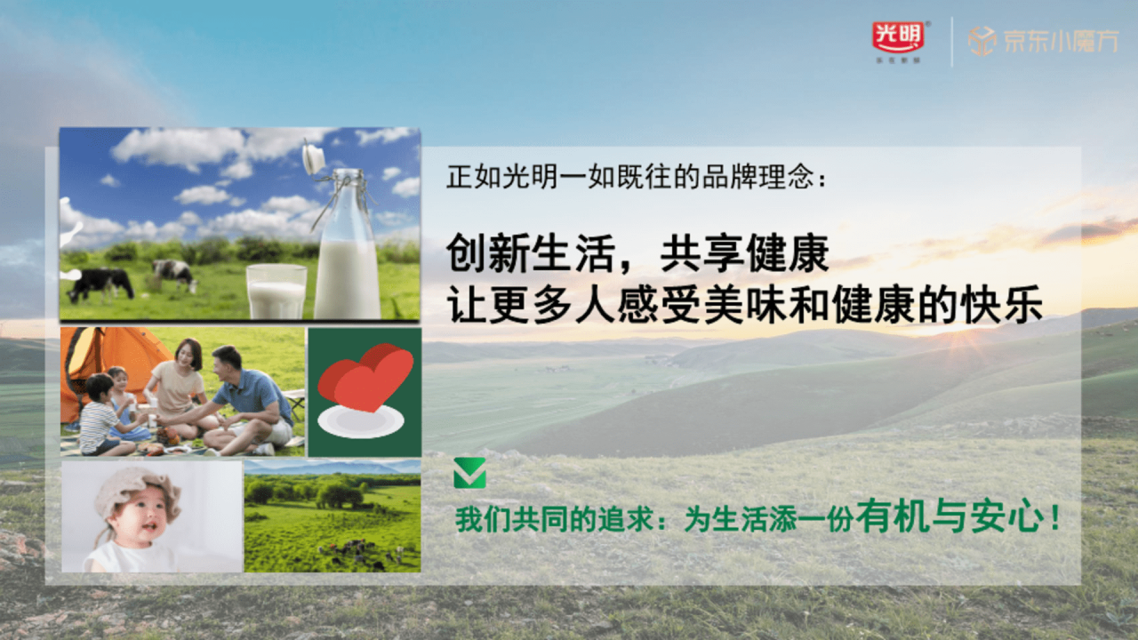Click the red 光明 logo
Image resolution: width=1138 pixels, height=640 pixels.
point(898,37)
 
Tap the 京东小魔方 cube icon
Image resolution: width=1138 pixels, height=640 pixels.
point(981,41)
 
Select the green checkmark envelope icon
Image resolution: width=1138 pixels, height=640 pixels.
point(469,473)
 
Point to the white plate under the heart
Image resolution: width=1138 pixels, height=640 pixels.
point(361,421)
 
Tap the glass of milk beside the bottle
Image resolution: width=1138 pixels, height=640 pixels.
point(276,291)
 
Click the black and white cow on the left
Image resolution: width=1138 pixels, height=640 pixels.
point(100,283)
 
